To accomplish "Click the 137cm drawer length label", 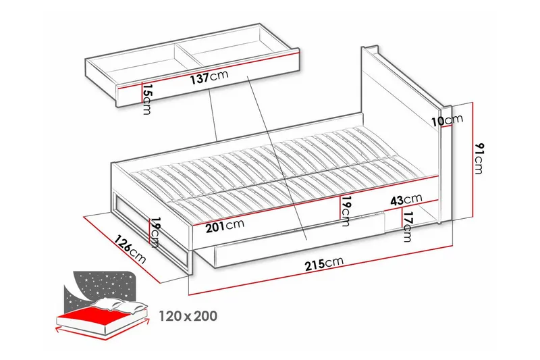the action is [209, 77].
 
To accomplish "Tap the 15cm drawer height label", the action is [147, 99].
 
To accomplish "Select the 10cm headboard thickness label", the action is [448, 120].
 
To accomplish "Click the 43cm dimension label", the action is [406, 199].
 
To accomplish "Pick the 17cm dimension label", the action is [407, 226].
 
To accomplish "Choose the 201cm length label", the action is [225, 226].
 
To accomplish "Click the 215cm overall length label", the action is [324, 263].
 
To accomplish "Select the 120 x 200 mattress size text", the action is [188, 316].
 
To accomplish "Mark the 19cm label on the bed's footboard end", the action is [155, 232].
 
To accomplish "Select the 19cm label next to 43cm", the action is [346, 211].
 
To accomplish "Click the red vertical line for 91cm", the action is [474, 160].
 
